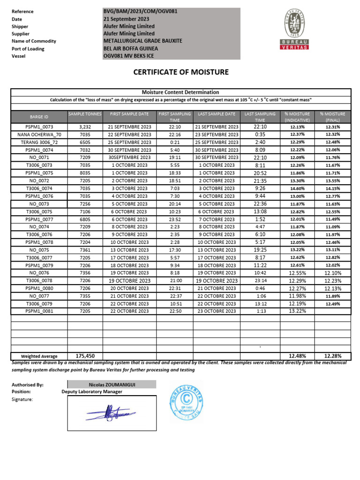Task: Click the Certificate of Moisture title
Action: (181, 72)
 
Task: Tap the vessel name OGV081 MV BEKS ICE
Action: (128, 56)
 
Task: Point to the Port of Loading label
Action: (28, 49)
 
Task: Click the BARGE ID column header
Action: (39, 117)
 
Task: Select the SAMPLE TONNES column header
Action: (85, 114)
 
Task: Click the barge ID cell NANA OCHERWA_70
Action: (39, 135)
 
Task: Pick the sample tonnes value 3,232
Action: (85, 127)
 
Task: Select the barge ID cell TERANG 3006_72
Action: (39, 142)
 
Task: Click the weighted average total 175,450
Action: (85, 356)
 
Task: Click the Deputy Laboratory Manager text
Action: (92, 392)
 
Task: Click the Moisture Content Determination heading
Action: (180, 92)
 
